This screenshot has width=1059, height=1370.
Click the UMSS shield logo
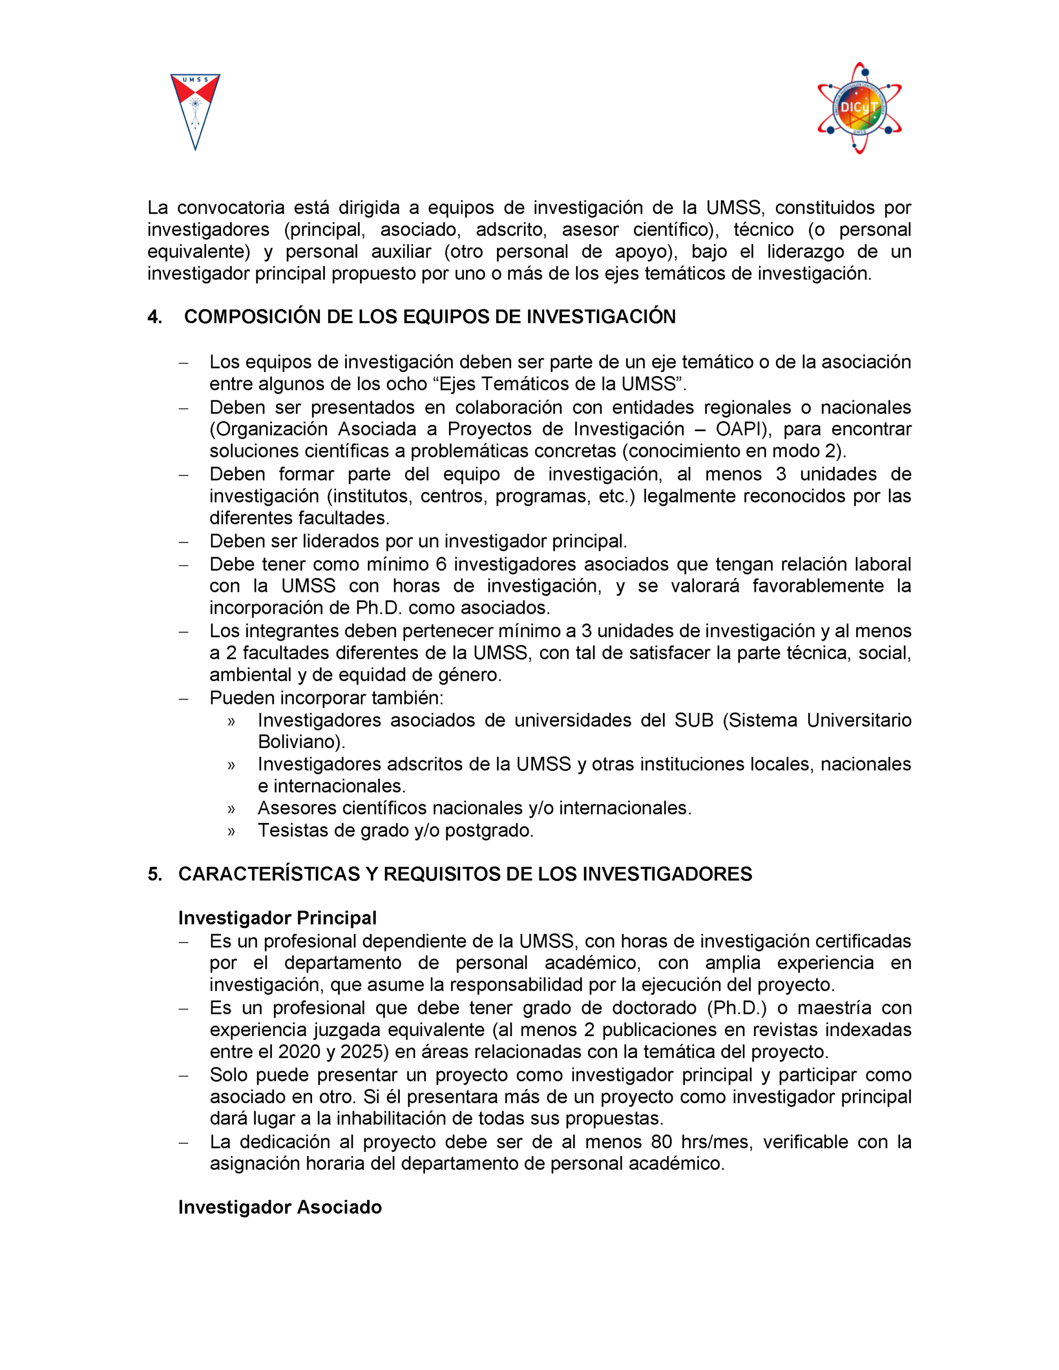195,111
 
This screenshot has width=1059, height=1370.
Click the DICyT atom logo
859,109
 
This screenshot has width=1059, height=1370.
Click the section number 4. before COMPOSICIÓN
154,317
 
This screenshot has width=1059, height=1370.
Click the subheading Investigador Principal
277,918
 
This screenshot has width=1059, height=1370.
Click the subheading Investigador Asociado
280,1207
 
